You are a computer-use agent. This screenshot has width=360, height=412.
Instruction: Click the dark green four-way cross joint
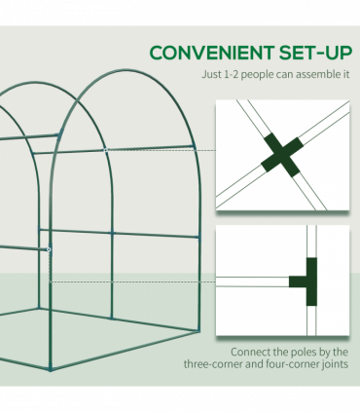280,151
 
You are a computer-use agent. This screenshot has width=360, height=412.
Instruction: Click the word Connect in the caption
251,352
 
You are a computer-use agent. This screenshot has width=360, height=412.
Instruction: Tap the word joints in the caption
342,366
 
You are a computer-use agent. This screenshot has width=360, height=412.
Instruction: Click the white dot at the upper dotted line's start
106,150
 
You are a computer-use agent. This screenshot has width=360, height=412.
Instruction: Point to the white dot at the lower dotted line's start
49,249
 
